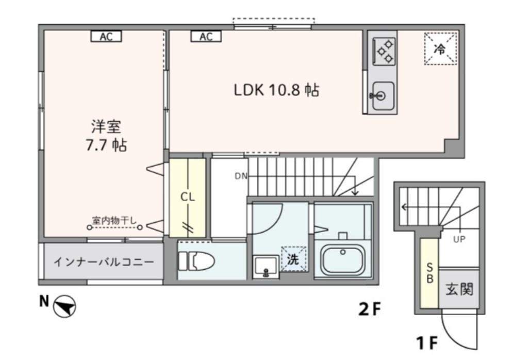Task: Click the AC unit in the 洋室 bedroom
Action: pyautogui.click(x=106, y=36)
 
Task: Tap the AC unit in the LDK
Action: pyautogui.click(x=206, y=36)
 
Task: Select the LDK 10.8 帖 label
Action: pyautogui.click(x=276, y=91)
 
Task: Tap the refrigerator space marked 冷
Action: pyautogui.click(x=440, y=49)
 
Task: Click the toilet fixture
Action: pyautogui.click(x=196, y=261)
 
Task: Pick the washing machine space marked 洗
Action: pyautogui.click(x=293, y=259)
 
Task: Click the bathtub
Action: pyautogui.click(x=342, y=259)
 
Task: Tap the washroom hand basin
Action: pyautogui.click(x=266, y=266)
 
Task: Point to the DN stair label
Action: pyautogui.click(x=241, y=175)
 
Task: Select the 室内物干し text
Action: pyautogui.click(x=114, y=221)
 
